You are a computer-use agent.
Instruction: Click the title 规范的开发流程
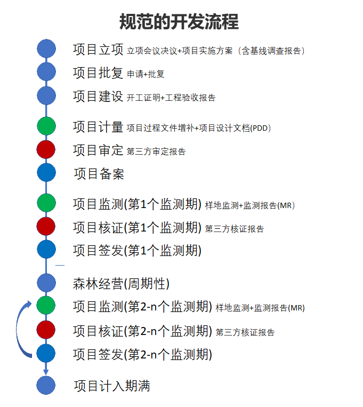[x=179, y=21]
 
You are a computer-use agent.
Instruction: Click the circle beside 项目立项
[x=46, y=49]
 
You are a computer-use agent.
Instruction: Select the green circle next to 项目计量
[x=46, y=126]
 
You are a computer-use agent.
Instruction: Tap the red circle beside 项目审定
[x=46, y=149]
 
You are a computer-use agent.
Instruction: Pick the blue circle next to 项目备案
[x=46, y=172]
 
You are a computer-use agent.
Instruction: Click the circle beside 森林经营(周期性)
[x=46, y=283]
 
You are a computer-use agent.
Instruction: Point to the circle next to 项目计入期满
[x=46, y=385]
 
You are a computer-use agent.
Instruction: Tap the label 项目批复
[x=98, y=73]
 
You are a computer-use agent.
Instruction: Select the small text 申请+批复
[x=146, y=74]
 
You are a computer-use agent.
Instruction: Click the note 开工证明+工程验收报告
[x=171, y=98]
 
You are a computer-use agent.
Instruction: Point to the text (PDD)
[x=260, y=128]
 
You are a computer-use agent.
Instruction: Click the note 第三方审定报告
[x=156, y=151]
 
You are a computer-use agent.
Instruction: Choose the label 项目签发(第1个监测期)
[x=138, y=251]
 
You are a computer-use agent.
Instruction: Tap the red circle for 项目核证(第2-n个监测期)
[x=46, y=330]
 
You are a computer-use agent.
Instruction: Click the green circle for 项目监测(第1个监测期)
[x=46, y=203]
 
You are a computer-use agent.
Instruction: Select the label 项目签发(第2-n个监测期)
[x=142, y=355]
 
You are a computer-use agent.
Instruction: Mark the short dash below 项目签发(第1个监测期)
[x=60, y=265]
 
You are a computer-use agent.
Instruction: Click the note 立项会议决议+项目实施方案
[x=180, y=51]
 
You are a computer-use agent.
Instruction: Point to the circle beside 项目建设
[x=46, y=95]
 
